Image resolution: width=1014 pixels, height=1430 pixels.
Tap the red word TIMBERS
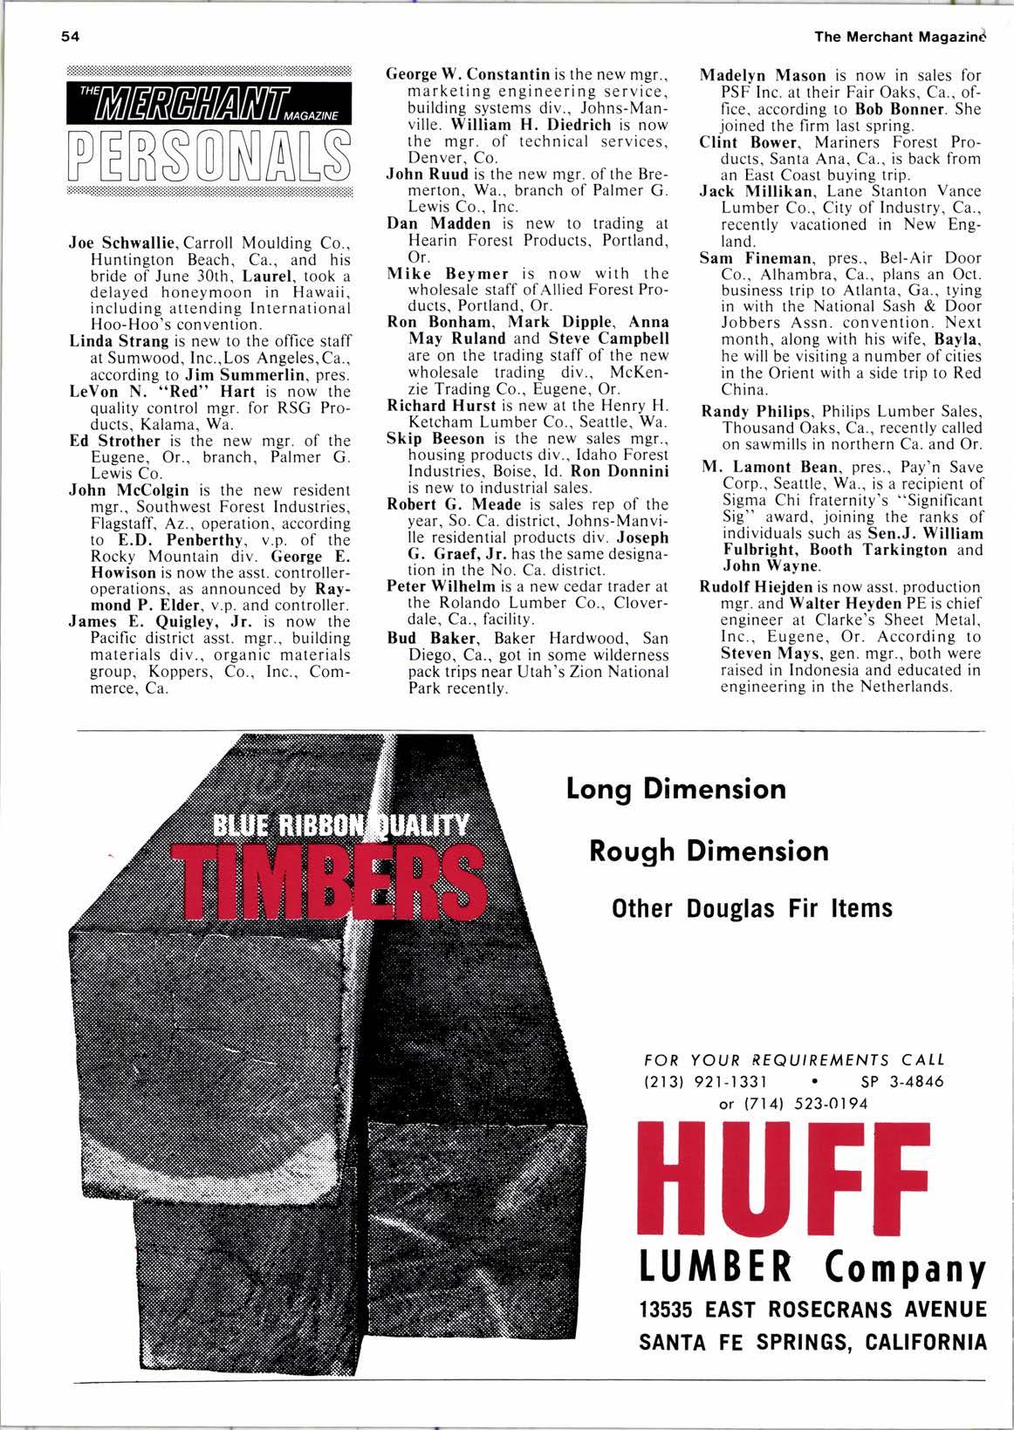click(x=331, y=877)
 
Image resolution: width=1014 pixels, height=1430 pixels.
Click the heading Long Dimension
click(x=676, y=789)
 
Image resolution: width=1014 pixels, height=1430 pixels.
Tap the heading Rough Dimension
click(x=709, y=850)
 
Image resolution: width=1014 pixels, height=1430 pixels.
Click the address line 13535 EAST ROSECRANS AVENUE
click(x=812, y=1310)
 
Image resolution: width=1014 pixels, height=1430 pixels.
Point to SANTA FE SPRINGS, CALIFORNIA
click(x=812, y=1342)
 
